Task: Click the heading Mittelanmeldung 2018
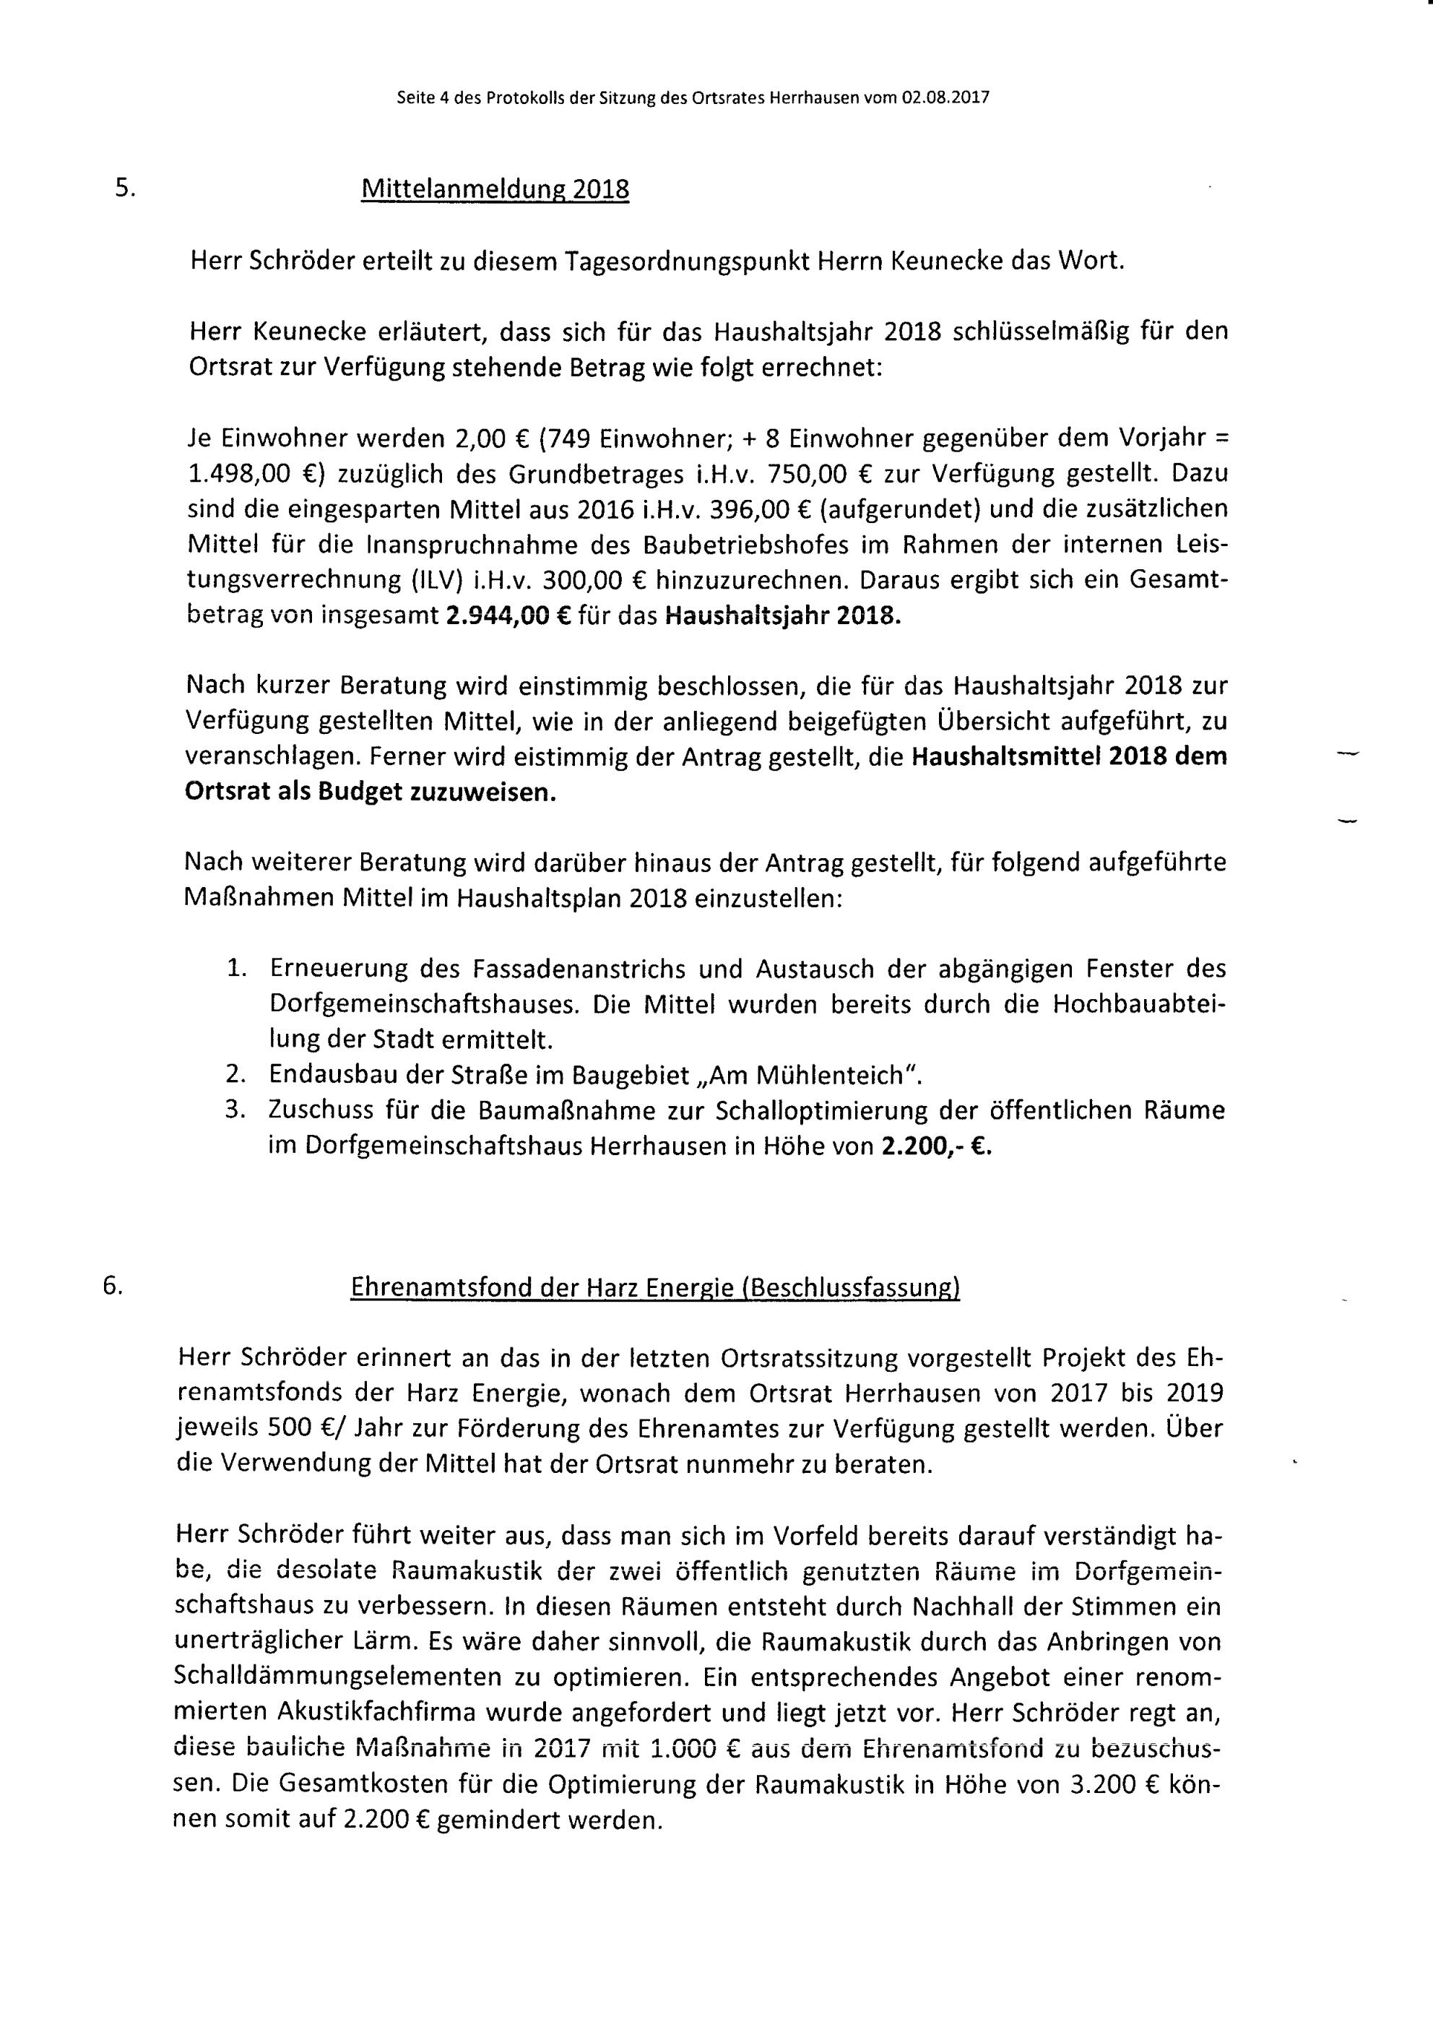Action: pos(495,190)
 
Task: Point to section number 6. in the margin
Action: pos(112,1287)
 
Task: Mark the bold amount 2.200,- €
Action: pos(937,1146)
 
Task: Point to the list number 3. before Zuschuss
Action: pos(234,1110)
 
